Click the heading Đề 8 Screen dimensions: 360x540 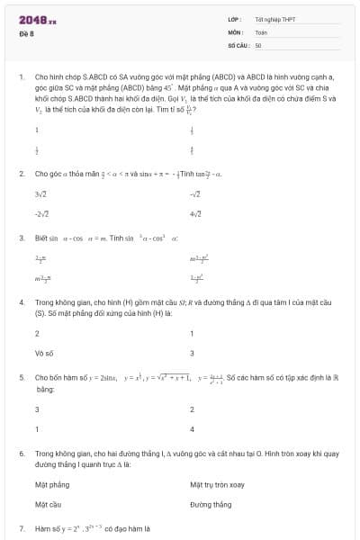pyautogui.click(x=25, y=33)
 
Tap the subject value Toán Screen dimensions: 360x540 pyautogui.click(x=261, y=31)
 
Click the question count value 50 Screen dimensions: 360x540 pyautogui.click(x=258, y=44)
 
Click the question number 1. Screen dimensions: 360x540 pyautogui.click(x=22, y=77)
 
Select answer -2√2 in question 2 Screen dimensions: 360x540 pyautogui.click(x=41, y=213)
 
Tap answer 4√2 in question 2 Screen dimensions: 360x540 pyautogui.click(x=195, y=213)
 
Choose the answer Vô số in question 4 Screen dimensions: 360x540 pyautogui.click(x=45, y=353)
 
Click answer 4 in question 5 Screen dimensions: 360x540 pyautogui.click(x=192, y=428)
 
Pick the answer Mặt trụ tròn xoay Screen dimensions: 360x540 pyautogui.click(x=217, y=484)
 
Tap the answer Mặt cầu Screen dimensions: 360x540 pyautogui.click(x=48, y=504)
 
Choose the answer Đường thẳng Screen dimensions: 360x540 pyautogui.click(x=212, y=504)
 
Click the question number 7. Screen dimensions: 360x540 pyautogui.click(x=22, y=528)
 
